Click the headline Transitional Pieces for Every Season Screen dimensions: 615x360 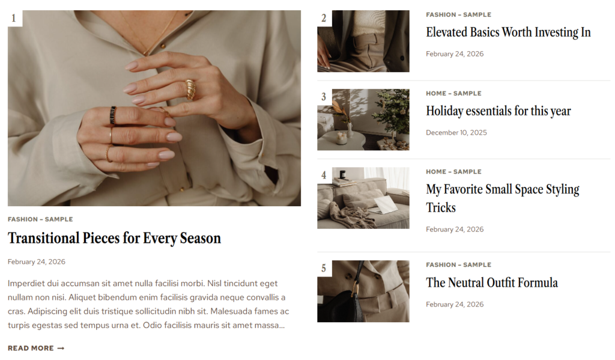(x=114, y=239)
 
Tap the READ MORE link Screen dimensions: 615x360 (x=36, y=348)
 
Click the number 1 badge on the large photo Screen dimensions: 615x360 (x=14, y=18)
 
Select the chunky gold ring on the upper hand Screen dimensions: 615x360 (x=190, y=89)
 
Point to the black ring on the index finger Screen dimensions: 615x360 (x=113, y=115)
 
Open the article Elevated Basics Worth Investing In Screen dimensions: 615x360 (x=508, y=32)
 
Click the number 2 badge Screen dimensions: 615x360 (x=324, y=18)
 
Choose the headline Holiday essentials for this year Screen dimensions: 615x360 (x=498, y=111)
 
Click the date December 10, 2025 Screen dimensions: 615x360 (x=456, y=133)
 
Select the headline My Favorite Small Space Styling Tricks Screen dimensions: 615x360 (x=503, y=198)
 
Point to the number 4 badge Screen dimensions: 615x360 (x=324, y=175)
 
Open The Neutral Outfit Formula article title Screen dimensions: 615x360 (x=492, y=282)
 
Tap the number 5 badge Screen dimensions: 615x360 (x=324, y=268)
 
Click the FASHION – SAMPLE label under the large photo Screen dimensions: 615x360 (x=40, y=219)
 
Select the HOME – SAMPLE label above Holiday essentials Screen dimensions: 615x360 (x=454, y=93)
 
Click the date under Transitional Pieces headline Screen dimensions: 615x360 (x=37, y=262)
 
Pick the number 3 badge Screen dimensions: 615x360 (x=324, y=97)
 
